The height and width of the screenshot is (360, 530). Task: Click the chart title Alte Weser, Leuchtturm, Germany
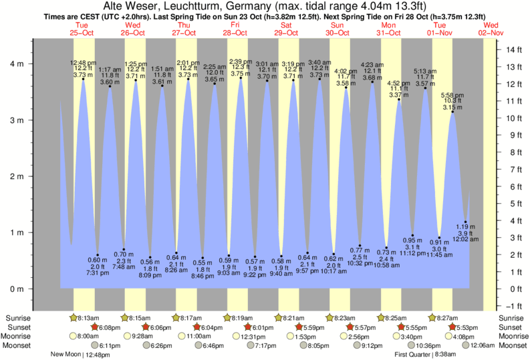tap(265, 5)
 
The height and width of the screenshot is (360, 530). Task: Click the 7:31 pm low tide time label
tap(98, 273)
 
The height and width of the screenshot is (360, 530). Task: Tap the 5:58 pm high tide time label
tap(452, 95)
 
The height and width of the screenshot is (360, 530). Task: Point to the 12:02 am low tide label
tap(467, 239)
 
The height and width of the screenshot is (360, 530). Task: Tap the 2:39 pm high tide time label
tap(241, 62)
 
